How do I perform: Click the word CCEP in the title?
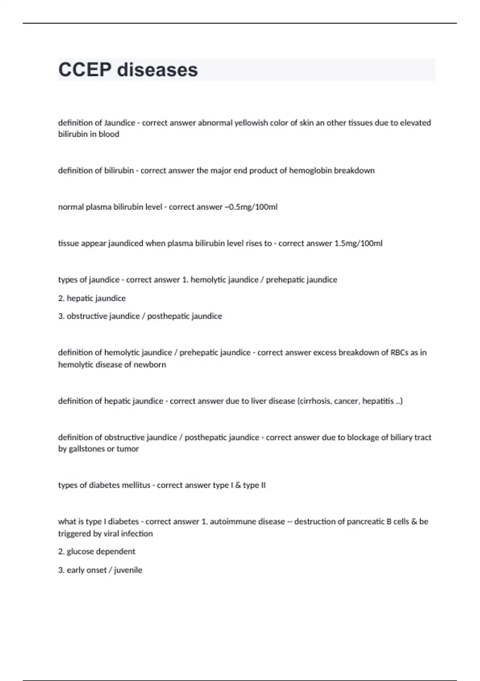pyautogui.click(x=84, y=70)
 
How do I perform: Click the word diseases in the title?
pyautogui.click(x=157, y=70)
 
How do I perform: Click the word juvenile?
pyautogui.click(x=128, y=570)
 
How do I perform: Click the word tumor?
pyautogui.click(x=128, y=449)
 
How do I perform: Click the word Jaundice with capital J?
pyautogui.click(x=120, y=123)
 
